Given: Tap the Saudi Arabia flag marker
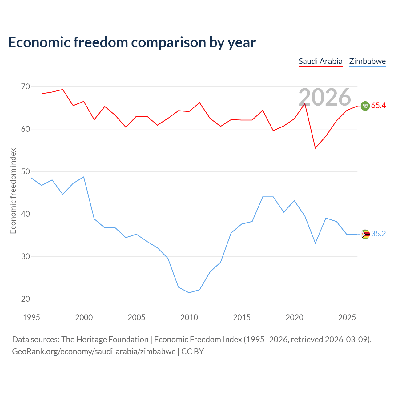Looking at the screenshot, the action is pyautogui.click(x=365, y=106).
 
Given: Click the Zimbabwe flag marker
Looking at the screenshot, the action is pyautogui.click(x=365, y=234).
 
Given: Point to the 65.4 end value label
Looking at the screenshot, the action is pyautogui.click(x=379, y=106).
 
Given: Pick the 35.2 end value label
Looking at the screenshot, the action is pyautogui.click(x=379, y=234).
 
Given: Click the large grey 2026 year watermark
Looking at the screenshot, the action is pyautogui.click(x=325, y=97).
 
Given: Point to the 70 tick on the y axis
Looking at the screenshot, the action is pyautogui.click(x=26, y=87).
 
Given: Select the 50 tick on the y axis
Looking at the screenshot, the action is pyautogui.click(x=26, y=171).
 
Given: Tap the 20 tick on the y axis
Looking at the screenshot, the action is pyautogui.click(x=26, y=299).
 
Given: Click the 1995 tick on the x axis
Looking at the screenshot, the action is pyautogui.click(x=31, y=317).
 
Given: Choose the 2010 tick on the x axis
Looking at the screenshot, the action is pyautogui.click(x=189, y=317).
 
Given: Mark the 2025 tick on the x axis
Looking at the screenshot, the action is pyautogui.click(x=347, y=317).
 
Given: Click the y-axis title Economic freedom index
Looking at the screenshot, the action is pyautogui.click(x=13, y=191).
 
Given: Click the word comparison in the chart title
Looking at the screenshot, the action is pyautogui.click(x=168, y=43).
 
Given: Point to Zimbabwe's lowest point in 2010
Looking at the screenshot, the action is pyautogui.click(x=189, y=293).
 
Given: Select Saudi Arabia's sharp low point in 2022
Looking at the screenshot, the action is pyautogui.click(x=316, y=148).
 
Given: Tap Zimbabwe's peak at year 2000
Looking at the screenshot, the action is pyautogui.click(x=84, y=177).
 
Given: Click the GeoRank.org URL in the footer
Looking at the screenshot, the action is pyautogui.click(x=94, y=352).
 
